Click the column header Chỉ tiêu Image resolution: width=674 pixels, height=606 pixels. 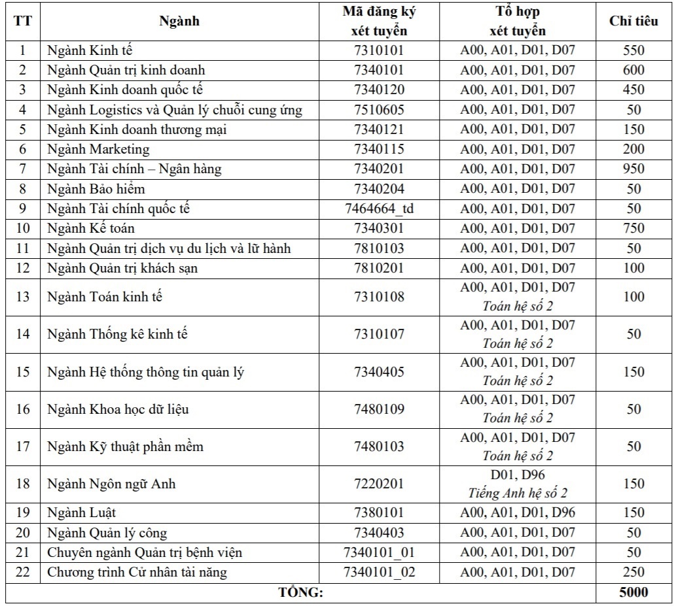click(x=633, y=21)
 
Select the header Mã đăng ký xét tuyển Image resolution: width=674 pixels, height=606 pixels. click(x=379, y=21)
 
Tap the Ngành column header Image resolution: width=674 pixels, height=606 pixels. click(x=179, y=21)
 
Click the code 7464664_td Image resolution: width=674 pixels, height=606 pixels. click(x=379, y=209)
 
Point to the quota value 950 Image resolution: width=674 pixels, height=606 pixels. click(x=633, y=169)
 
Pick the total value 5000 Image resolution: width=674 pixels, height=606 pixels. click(x=633, y=592)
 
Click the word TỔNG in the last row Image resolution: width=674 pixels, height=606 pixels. click(x=301, y=593)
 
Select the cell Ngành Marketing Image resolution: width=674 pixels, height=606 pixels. click(x=98, y=149)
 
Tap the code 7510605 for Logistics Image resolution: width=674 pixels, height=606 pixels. click(x=379, y=109)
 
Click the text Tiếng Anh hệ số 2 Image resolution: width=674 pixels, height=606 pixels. click(x=517, y=493)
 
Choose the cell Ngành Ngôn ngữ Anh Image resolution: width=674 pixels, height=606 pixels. click(x=111, y=484)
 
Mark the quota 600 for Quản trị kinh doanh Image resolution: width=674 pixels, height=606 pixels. click(x=633, y=70)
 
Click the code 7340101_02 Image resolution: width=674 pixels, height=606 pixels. click(x=379, y=573)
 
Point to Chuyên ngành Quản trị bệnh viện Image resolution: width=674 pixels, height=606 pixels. click(x=145, y=553)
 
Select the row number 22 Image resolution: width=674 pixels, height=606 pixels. click(x=23, y=573)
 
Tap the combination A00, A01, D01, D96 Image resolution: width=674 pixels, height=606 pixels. click(x=517, y=513)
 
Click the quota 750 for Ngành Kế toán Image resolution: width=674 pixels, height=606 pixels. click(x=633, y=228)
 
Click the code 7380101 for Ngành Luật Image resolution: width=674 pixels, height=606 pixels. click(x=379, y=513)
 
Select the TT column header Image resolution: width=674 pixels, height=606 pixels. click(x=23, y=21)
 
